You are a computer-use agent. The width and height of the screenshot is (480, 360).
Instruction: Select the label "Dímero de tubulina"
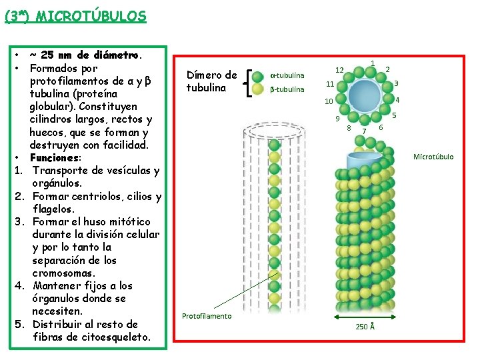click(x=211, y=81)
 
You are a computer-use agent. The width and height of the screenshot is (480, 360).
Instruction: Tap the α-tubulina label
click(x=287, y=75)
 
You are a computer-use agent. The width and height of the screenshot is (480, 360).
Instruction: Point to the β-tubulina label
click(x=287, y=89)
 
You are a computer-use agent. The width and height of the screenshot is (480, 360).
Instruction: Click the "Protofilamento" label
click(x=207, y=316)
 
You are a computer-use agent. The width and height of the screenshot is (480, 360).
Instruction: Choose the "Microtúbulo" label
click(x=433, y=157)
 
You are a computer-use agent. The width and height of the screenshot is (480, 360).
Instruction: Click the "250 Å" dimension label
click(x=365, y=326)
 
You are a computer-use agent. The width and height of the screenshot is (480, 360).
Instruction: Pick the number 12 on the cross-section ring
click(x=339, y=70)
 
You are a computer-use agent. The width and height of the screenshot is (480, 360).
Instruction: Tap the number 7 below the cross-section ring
click(x=364, y=131)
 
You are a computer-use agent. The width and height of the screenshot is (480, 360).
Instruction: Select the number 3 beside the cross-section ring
click(x=396, y=83)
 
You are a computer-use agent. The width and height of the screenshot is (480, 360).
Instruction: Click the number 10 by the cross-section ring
click(x=328, y=102)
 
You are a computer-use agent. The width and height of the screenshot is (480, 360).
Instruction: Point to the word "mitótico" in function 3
click(x=128, y=222)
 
